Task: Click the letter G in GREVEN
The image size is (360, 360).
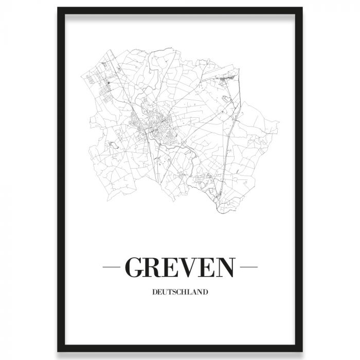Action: pos(135,267)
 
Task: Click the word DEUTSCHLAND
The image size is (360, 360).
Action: pos(180,292)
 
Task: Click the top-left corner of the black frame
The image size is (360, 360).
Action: pos(59,9)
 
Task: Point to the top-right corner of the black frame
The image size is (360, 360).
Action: pos(301,9)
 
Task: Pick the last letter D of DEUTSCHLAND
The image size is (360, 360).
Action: pos(205,292)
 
